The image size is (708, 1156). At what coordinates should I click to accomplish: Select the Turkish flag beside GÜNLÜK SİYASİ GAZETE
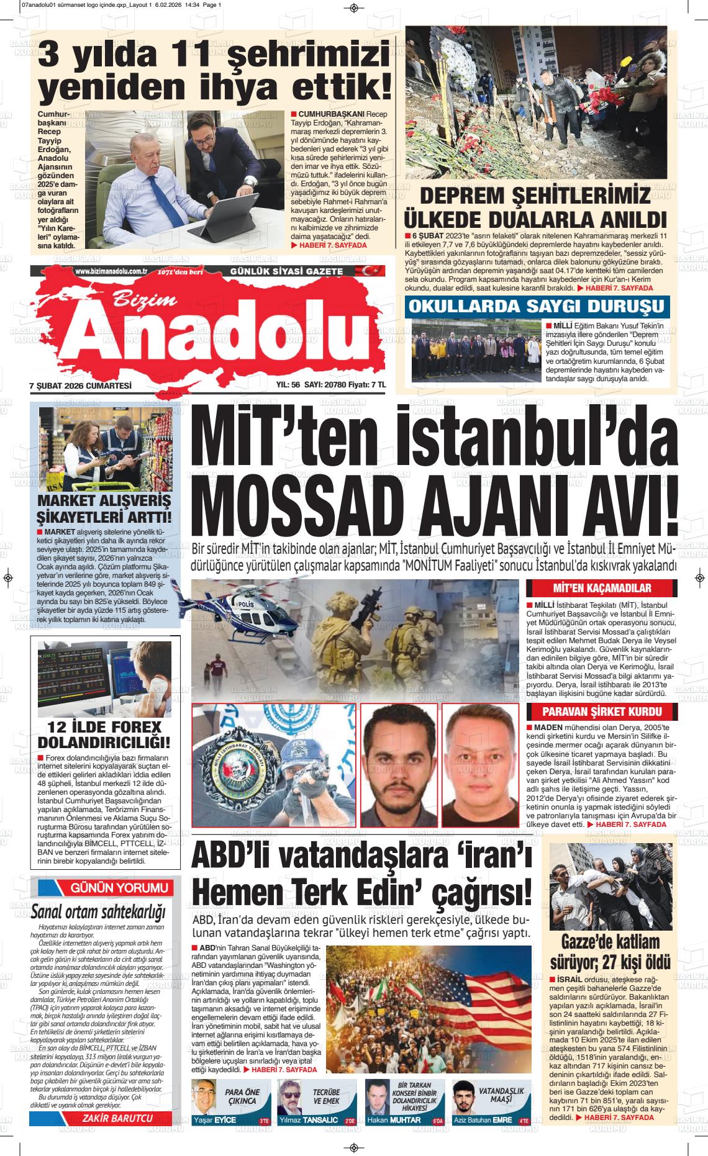point(355,271)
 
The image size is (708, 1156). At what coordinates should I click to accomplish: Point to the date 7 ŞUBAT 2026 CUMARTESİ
point(81,385)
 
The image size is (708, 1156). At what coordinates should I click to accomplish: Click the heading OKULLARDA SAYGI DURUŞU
point(537,306)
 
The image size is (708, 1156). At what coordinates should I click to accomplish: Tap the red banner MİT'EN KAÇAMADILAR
point(593,589)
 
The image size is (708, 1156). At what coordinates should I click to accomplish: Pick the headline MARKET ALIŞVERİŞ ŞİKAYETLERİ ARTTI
point(104,508)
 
